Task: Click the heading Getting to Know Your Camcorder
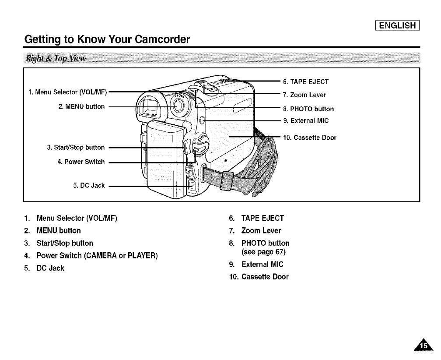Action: (107, 40)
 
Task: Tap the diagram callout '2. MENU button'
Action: (81, 106)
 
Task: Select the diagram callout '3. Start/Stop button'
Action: (76, 147)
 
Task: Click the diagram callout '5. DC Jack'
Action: (89, 185)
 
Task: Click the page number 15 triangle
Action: (423, 346)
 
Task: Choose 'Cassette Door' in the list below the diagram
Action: (265, 277)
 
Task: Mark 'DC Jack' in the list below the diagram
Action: (50, 268)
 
